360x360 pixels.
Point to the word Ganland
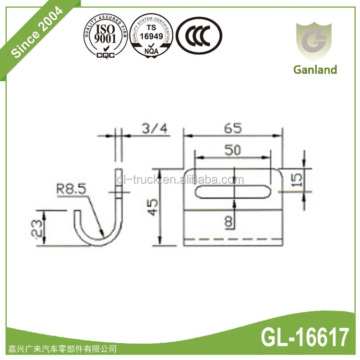315,70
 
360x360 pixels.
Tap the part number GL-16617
306,338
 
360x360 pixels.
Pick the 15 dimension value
297,180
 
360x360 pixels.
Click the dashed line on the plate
233,238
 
